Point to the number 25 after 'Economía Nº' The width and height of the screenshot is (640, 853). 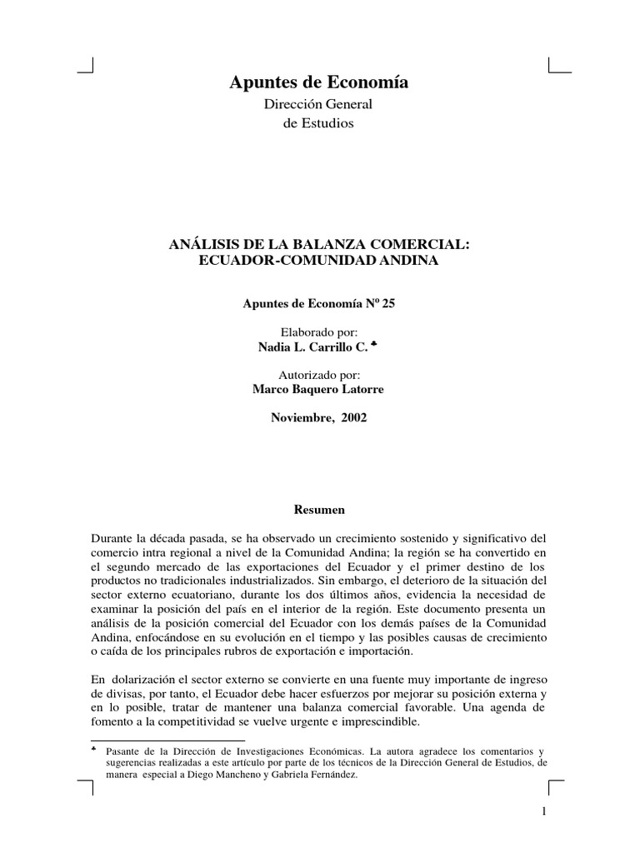click(389, 302)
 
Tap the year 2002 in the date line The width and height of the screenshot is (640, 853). click(352, 418)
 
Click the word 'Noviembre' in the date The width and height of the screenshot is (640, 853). click(300, 418)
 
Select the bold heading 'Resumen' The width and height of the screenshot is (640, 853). click(320, 506)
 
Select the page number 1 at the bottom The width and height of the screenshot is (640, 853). click(542, 812)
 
